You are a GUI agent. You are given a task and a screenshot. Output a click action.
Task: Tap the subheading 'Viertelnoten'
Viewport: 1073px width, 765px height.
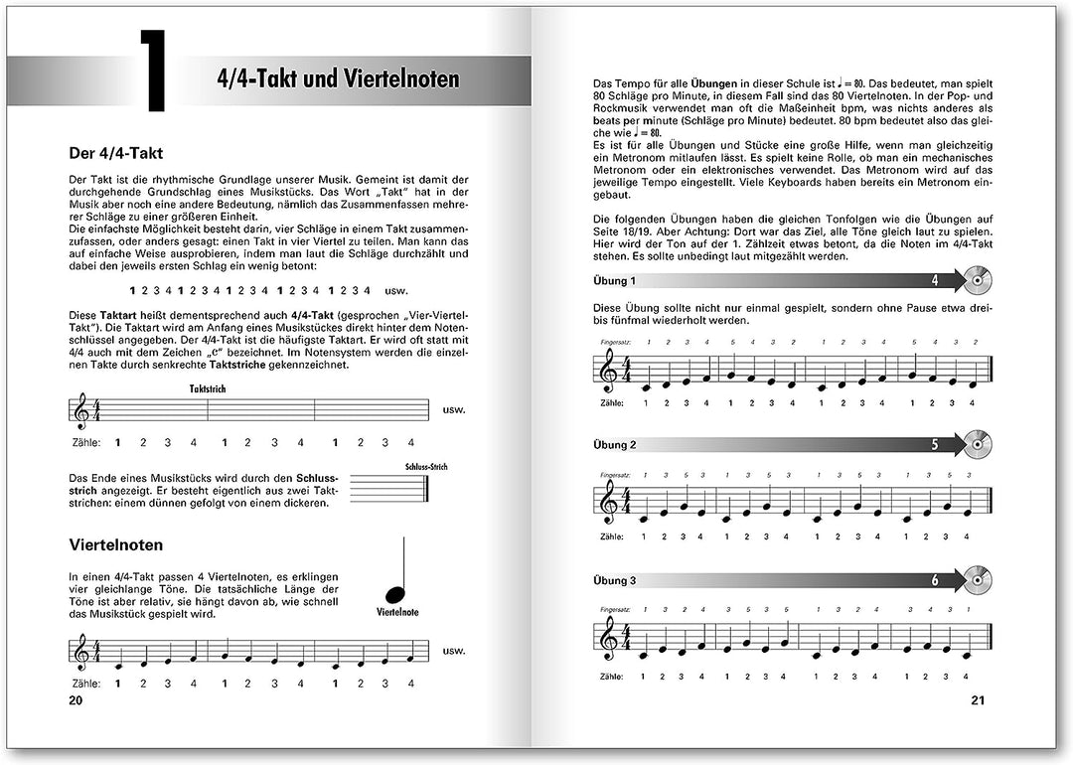[116, 545]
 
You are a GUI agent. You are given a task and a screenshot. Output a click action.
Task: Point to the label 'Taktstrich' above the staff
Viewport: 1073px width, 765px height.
[208, 389]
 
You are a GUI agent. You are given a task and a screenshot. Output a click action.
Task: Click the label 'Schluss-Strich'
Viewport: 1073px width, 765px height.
[427, 466]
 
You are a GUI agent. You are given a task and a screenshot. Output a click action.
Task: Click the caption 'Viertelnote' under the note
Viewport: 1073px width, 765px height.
[397, 612]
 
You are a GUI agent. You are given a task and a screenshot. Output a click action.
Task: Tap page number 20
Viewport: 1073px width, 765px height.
[76, 701]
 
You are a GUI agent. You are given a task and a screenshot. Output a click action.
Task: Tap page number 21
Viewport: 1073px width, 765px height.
[976, 701]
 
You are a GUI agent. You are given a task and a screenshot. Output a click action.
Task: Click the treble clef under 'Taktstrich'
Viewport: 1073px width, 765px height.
[79, 411]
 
